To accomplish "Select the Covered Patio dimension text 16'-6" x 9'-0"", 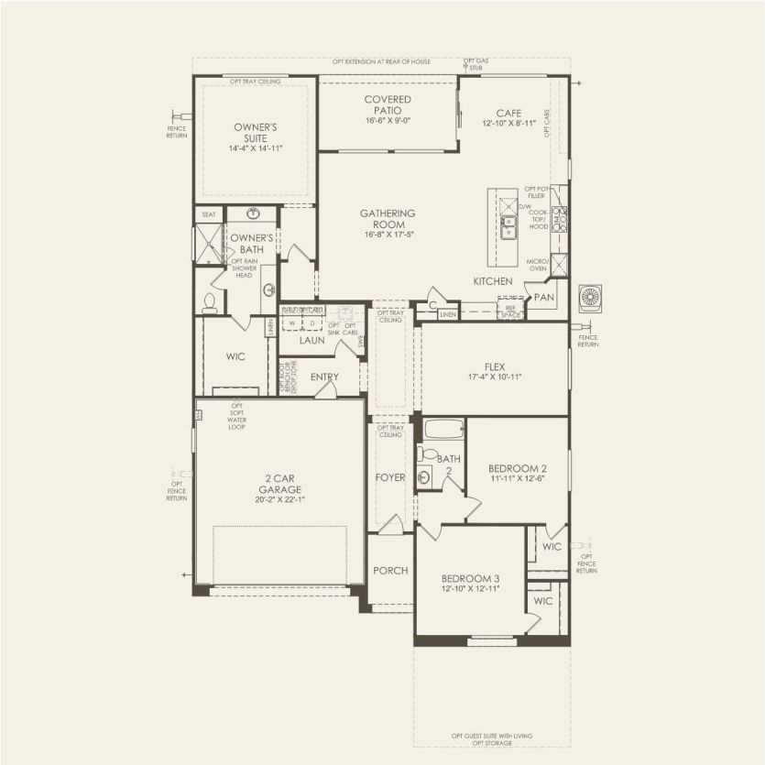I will [x=388, y=120].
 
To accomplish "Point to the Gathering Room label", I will [x=388, y=218].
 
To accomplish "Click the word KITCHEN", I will [x=493, y=280].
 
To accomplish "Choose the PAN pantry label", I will [x=544, y=297].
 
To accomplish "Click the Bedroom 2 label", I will [x=519, y=468].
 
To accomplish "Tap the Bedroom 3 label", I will [x=470, y=578].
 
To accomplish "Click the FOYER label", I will [x=389, y=477].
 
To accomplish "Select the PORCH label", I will [x=389, y=571].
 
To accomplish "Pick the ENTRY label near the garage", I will [x=324, y=377].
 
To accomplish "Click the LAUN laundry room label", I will [x=311, y=340].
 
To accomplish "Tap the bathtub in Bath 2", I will [x=441, y=429].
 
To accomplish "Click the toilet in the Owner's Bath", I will [x=209, y=301].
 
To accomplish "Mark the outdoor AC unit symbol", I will [x=591, y=299].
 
